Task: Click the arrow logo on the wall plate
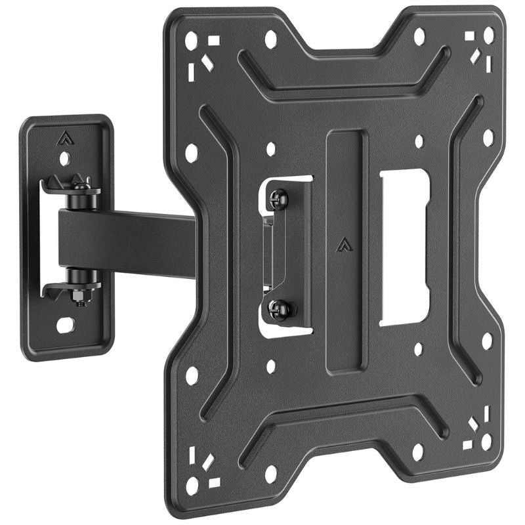point(64,138)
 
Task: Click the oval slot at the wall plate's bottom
point(66,324)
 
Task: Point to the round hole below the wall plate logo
point(64,158)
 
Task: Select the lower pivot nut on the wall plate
point(80,297)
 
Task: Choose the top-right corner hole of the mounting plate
point(488,35)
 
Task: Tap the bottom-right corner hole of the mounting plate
point(488,442)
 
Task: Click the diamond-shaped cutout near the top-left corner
point(207,63)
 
